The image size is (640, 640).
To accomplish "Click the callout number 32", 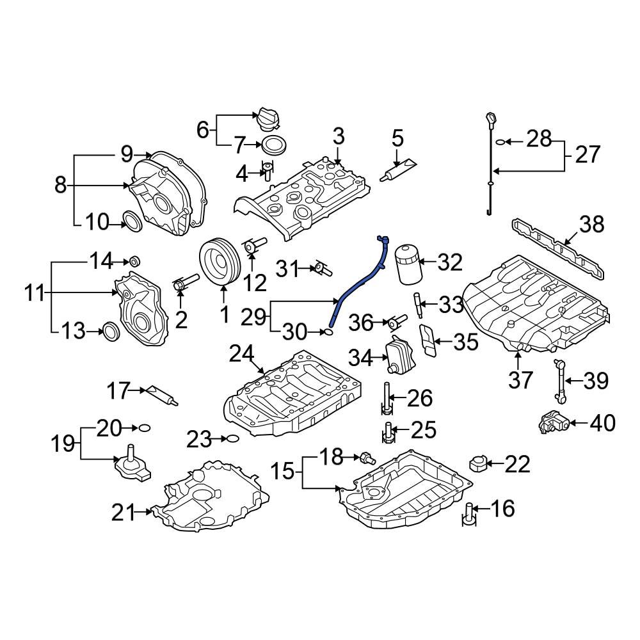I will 449,262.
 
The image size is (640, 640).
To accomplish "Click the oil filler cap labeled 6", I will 269,118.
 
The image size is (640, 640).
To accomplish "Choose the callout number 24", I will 242,353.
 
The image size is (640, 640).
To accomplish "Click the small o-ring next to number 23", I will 233,439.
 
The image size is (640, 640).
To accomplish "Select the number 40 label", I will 602,423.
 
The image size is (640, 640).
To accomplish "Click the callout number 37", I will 520,380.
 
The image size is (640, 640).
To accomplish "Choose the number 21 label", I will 124,512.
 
